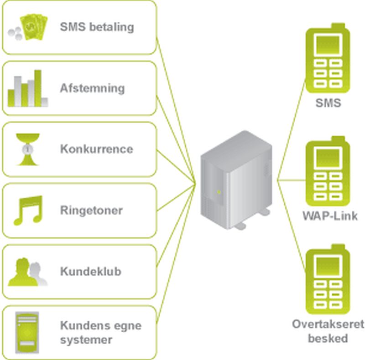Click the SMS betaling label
(x=97, y=27)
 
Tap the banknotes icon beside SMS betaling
(x=29, y=28)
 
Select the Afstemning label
(x=92, y=88)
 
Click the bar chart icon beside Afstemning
(x=28, y=89)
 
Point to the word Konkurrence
(x=97, y=149)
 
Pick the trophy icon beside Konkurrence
(x=28, y=149)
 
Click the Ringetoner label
(x=91, y=211)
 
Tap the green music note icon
(x=28, y=210)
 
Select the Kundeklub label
(x=91, y=272)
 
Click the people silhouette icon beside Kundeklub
(x=28, y=272)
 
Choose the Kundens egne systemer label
(x=100, y=333)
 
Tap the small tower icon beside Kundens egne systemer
(x=26, y=332)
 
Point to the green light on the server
(x=219, y=192)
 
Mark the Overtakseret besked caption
(x=328, y=331)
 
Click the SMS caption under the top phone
(x=328, y=103)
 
